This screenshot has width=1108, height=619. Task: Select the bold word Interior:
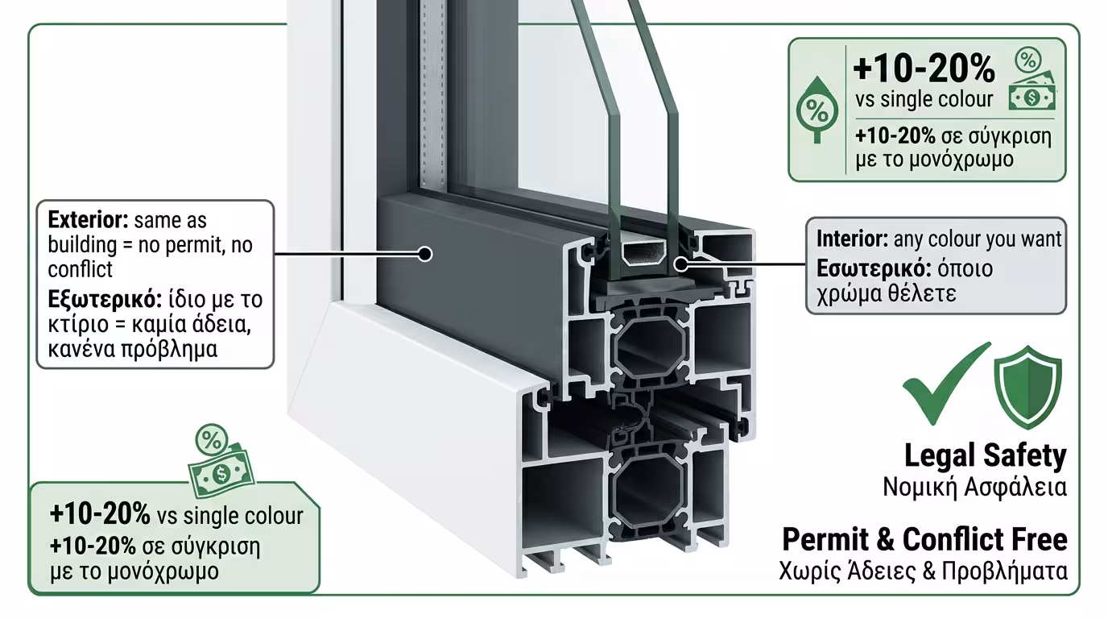852,239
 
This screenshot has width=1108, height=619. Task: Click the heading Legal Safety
985,456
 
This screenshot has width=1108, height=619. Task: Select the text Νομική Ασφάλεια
974,487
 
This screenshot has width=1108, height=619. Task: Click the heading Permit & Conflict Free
924,538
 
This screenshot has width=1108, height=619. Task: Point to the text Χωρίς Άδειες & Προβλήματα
924,571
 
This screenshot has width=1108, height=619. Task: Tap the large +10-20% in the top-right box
924,69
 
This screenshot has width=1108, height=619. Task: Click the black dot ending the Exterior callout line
425,255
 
